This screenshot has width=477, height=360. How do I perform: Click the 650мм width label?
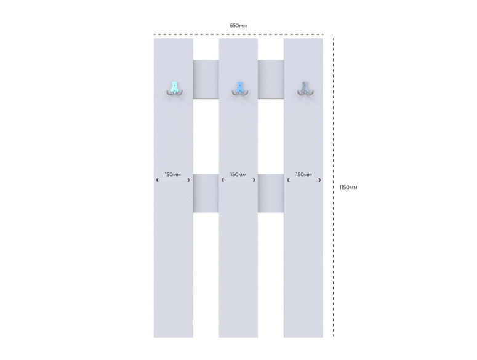[238, 26]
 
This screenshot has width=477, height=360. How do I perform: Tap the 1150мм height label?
[348, 187]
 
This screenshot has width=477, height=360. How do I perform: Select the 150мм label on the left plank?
[173, 174]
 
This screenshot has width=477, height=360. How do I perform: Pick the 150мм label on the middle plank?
[238, 174]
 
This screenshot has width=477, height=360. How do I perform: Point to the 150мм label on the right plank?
[304, 174]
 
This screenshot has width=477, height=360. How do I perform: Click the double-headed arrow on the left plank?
[173, 180]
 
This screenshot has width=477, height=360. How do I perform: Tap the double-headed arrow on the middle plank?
[239, 180]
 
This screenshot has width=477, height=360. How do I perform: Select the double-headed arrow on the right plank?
[304, 180]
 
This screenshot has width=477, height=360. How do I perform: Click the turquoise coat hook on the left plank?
[175, 89]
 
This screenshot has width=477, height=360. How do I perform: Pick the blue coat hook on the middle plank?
[240, 89]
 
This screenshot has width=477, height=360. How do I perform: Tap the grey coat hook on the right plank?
[306, 89]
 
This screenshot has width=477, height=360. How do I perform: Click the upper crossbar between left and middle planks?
[206, 79]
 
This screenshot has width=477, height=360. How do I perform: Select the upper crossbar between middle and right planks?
[271, 79]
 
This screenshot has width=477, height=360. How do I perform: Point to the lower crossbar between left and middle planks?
[206, 193]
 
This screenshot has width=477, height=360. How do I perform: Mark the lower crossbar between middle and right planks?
[271, 193]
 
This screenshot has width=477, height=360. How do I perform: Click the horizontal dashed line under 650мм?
[239, 34]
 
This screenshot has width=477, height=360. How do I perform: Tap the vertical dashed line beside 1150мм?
[334, 187]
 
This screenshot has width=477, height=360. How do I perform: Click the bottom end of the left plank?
[174, 337]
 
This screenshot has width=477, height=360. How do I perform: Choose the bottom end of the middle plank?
[239, 337]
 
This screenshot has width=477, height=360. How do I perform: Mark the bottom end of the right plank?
[303, 337]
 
